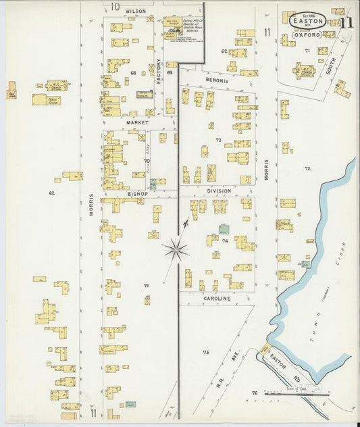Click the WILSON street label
point(135,11)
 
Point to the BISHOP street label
point(137,193)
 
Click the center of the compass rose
point(175,249)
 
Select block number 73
point(218,139)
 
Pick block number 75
point(206,352)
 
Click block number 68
point(134,72)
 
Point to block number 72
point(308,168)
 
